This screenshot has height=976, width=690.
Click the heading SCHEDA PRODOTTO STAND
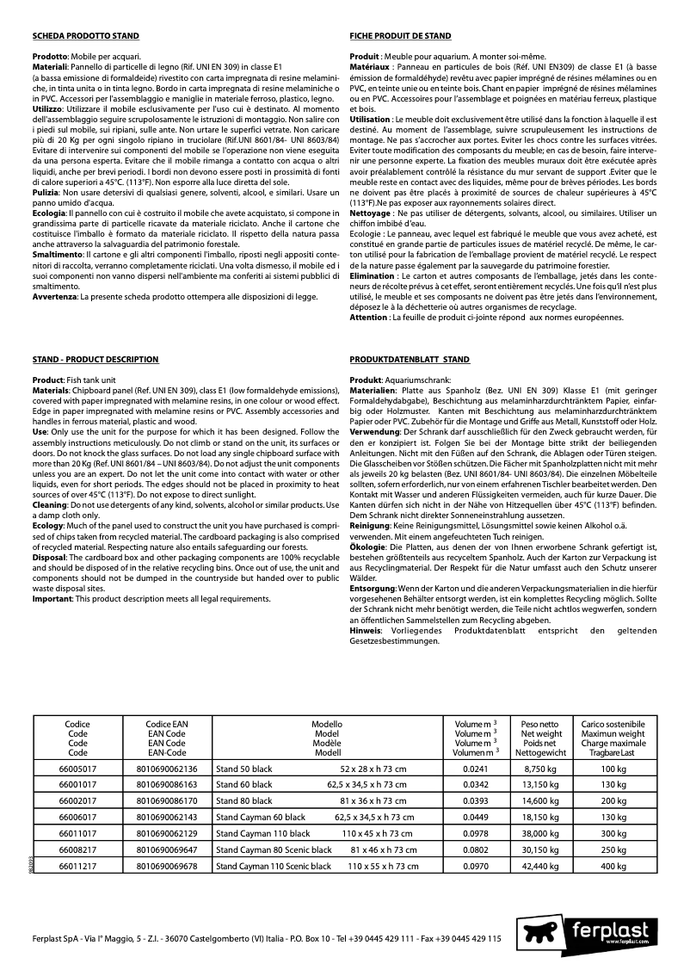85,36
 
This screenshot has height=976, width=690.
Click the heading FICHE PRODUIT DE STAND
400,36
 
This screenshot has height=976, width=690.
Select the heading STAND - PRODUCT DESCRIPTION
95,359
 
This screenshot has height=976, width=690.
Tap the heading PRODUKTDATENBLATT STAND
410,359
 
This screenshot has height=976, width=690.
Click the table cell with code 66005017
77,769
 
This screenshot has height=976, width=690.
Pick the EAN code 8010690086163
167,784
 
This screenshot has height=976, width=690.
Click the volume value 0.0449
475,817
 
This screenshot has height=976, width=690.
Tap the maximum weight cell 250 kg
613,849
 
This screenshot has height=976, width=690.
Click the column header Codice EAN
167,725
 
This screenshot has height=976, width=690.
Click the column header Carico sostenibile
613,725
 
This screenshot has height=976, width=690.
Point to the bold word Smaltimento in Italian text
56,256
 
